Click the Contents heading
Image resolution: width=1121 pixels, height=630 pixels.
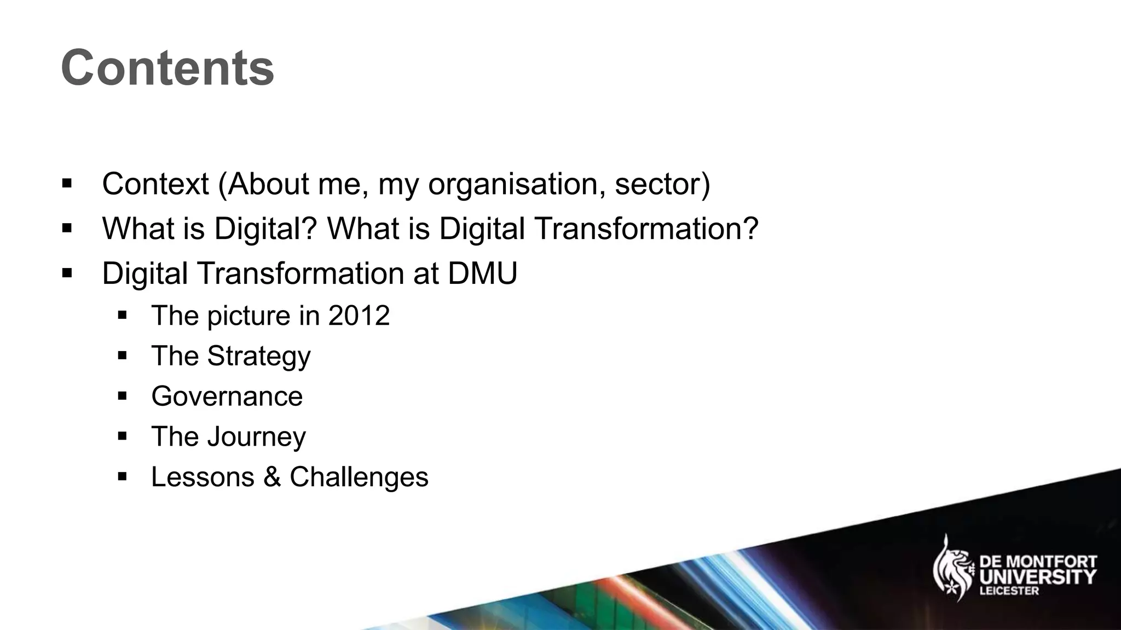[x=167, y=68]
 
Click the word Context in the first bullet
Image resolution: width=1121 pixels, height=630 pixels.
[x=155, y=184]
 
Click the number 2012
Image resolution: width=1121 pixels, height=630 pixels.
[x=359, y=316]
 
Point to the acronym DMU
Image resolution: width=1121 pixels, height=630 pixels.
[x=482, y=273]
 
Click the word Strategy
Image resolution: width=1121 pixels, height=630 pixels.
[x=259, y=357]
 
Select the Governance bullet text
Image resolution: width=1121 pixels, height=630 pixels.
[x=227, y=396]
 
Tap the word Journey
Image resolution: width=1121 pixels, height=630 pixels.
[x=257, y=437]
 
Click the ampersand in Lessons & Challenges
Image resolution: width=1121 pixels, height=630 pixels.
[x=272, y=477]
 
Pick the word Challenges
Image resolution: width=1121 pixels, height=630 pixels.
[x=359, y=477]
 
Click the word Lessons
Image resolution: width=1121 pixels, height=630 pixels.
[x=203, y=477]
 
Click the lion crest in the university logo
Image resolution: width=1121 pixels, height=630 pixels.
[x=952, y=569]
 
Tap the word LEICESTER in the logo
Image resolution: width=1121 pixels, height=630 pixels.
[x=1008, y=591]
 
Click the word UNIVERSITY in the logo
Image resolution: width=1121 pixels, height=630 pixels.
[x=1038, y=577]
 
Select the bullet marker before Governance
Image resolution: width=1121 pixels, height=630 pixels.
[x=122, y=396]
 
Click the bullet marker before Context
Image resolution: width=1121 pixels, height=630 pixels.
[x=67, y=183]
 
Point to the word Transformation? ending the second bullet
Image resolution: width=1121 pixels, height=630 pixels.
[x=646, y=228]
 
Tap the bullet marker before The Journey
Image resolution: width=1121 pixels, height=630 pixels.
[x=122, y=436]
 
